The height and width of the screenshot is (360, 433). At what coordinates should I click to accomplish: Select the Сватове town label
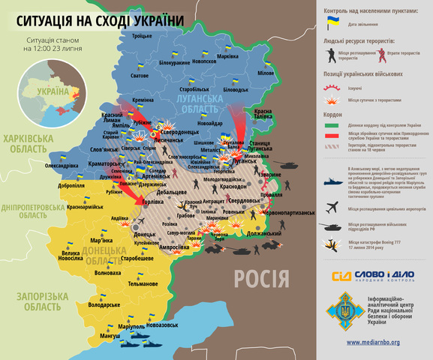(140, 76)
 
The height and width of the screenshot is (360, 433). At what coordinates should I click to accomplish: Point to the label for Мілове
(266, 73)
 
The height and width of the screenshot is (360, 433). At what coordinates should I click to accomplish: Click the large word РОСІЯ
(261, 280)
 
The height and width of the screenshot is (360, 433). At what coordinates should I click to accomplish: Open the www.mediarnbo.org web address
(372, 342)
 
